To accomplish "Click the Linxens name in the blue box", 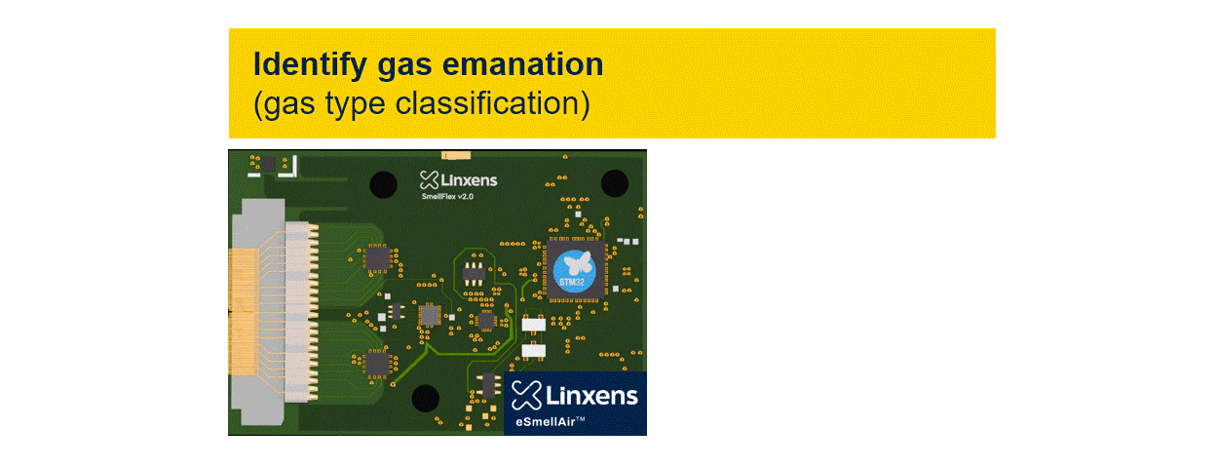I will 590,395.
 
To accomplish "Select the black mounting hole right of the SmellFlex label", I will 614,182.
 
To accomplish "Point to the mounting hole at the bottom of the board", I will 425,399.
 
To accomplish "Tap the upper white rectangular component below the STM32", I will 533,324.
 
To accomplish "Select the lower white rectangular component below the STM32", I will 533,349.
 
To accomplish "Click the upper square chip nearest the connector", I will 377,258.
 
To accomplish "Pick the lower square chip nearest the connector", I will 377,363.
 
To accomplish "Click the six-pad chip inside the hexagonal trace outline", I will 476,273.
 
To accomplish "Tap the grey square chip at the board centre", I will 429,316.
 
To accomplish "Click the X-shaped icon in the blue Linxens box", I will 526,395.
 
